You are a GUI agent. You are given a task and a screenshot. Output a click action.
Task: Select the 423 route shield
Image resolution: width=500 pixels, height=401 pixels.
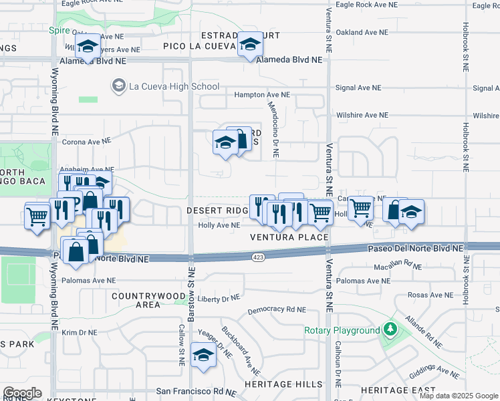point(259,257)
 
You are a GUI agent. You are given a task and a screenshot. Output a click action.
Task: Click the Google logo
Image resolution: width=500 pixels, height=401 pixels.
point(22,393)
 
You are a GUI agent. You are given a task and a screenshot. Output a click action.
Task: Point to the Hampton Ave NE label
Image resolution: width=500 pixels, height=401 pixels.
point(262,95)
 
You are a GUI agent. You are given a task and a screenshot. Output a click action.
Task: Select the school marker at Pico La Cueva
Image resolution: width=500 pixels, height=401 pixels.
point(251,46)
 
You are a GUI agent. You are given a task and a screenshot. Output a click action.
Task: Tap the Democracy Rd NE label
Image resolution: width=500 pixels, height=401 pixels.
point(276,310)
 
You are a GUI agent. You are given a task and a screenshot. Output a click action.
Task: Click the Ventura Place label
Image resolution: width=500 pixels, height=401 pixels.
point(289,237)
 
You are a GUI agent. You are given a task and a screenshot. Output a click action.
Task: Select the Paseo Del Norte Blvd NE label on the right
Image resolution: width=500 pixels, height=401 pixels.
point(415,248)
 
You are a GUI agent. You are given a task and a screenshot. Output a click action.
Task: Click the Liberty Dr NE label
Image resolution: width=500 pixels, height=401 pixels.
point(218,299)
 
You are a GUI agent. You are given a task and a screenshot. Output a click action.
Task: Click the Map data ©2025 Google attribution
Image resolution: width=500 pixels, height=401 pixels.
point(459,396)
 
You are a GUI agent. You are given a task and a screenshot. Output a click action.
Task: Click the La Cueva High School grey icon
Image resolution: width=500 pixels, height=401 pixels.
point(119,86)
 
